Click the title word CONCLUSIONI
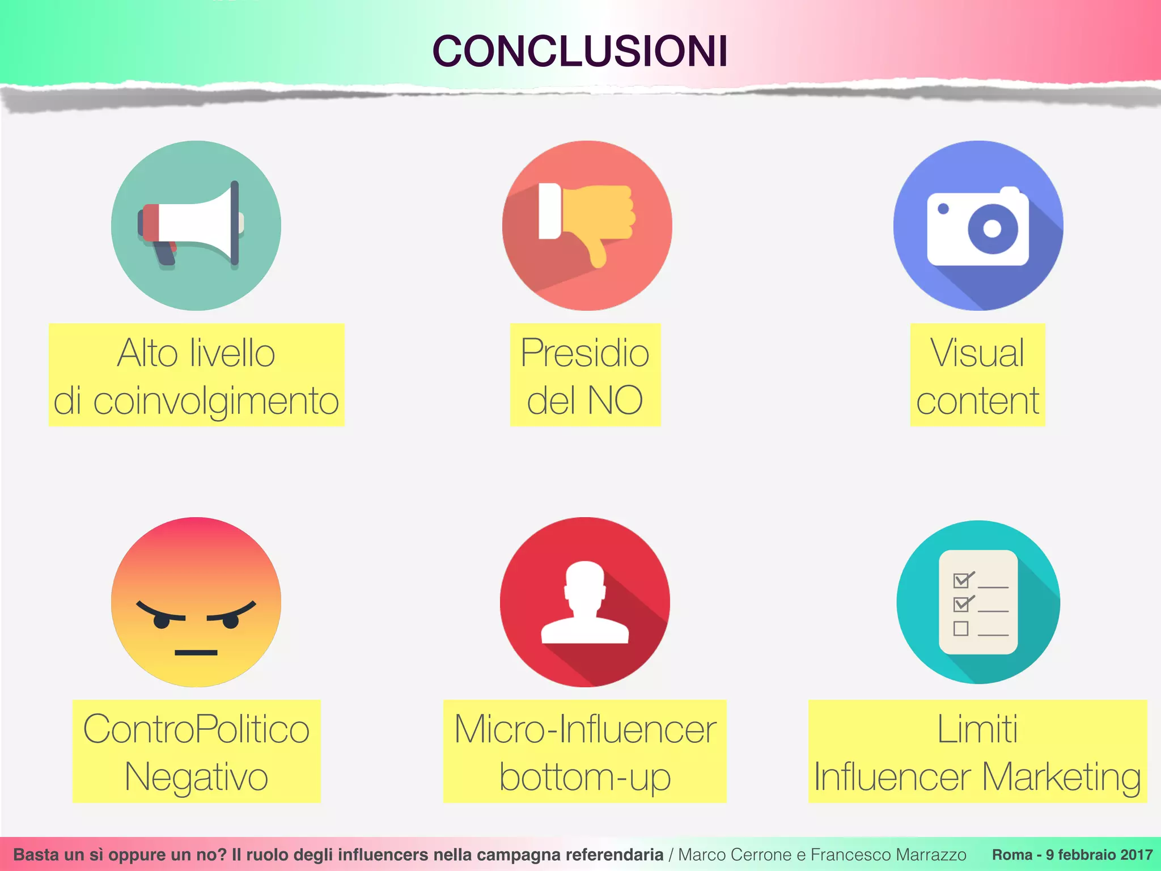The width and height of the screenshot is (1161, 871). click(x=579, y=51)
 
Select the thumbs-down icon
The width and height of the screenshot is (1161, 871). click(x=586, y=221)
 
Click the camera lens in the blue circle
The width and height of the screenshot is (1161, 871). click(x=992, y=229)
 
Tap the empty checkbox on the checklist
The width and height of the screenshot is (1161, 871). click(x=960, y=628)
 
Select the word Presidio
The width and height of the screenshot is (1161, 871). click(x=584, y=353)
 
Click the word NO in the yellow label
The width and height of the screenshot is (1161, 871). click(x=615, y=400)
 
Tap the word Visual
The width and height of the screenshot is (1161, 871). click(x=977, y=353)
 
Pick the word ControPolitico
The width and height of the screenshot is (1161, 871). click(x=196, y=729)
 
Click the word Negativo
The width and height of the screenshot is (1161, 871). click(x=196, y=776)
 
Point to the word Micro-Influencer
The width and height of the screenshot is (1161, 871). click(x=585, y=729)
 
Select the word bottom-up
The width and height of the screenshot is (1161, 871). click(x=585, y=776)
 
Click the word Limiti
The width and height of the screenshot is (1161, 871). click(x=977, y=729)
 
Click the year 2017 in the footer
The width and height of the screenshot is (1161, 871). click(x=1136, y=855)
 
